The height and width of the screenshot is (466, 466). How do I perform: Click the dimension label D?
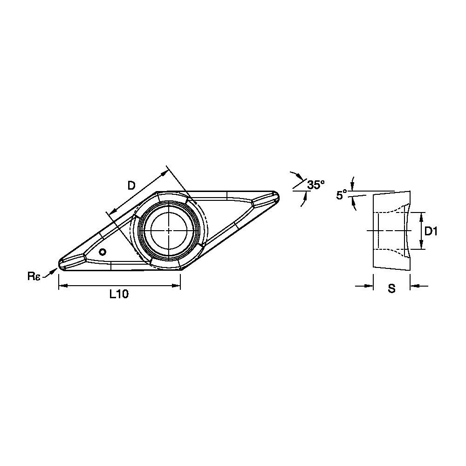(131, 186)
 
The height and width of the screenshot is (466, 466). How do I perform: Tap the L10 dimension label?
(119, 294)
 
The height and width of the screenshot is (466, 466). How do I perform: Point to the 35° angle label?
(316, 185)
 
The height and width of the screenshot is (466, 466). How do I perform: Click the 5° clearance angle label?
(342, 195)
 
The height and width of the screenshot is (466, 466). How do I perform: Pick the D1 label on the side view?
(431, 231)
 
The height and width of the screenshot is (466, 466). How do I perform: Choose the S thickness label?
(391, 289)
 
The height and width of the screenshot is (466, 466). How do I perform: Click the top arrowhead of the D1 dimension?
(421, 215)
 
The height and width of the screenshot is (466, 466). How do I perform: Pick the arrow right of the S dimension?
(414, 286)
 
